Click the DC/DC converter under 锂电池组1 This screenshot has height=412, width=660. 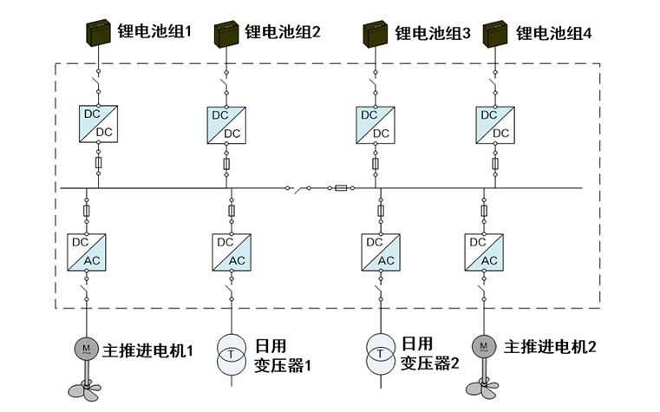click(x=98, y=123)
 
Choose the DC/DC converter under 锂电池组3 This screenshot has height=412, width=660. click(x=375, y=123)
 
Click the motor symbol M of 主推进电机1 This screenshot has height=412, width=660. click(x=86, y=349)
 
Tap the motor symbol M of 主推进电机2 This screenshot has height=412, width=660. click(x=484, y=348)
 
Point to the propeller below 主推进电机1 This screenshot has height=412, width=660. click(x=86, y=387)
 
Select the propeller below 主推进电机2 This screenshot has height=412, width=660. click(x=484, y=387)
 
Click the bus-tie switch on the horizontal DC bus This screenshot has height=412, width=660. click(x=300, y=187)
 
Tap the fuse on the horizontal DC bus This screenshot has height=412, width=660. click(x=341, y=187)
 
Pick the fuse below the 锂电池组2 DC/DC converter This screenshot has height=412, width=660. click(x=226, y=163)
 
